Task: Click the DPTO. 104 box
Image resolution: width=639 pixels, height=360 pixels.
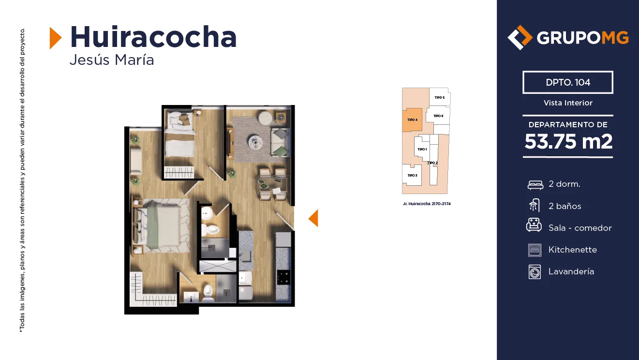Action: click(x=568, y=82)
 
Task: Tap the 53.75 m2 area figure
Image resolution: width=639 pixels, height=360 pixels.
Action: click(x=568, y=141)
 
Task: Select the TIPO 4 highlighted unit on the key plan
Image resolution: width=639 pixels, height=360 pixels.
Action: click(x=412, y=120)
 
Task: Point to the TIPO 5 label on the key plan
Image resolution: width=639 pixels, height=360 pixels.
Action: click(x=439, y=98)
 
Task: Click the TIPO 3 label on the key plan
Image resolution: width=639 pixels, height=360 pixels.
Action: click(x=412, y=176)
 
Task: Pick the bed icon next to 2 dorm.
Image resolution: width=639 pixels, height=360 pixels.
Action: click(x=535, y=185)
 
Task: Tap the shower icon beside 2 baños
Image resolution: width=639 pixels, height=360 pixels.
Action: click(x=535, y=205)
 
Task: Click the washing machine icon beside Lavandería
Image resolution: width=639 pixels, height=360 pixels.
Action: click(x=535, y=272)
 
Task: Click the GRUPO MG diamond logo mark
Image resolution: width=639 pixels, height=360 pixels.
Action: click(x=520, y=37)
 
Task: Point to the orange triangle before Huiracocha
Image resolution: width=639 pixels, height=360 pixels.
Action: click(x=55, y=38)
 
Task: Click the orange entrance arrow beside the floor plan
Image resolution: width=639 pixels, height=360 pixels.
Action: click(x=313, y=218)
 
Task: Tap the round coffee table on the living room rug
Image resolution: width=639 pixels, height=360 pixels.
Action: click(x=255, y=142)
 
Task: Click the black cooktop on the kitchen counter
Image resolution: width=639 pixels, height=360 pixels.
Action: click(x=283, y=277)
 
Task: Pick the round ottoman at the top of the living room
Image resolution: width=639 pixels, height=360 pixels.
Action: click(x=265, y=118)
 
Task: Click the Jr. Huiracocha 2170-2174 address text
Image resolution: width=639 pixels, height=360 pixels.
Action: click(x=427, y=204)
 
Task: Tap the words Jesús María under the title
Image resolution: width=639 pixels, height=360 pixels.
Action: click(x=112, y=60)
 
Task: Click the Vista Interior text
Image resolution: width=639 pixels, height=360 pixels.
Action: click(x=568, y=103)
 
